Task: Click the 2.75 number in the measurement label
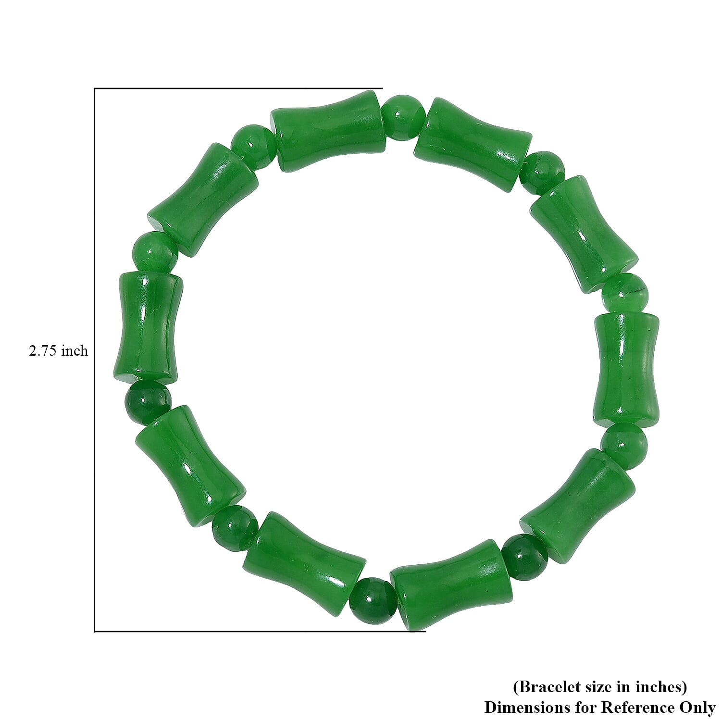click(x=44, y=351)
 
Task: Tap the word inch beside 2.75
click(x=75, y=351)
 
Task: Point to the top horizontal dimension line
click(x=238, y=88)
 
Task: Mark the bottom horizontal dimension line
click(x=260, y=631)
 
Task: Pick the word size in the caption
click(x=597, y=687)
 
